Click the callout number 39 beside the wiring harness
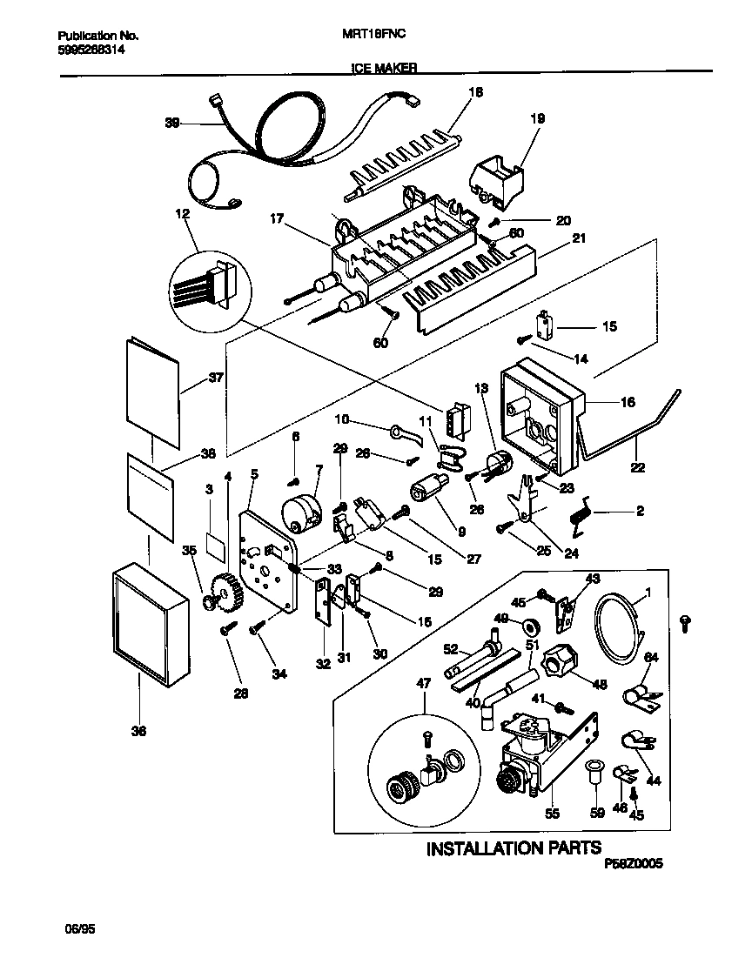coord(172,124)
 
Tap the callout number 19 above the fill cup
coord(537,117)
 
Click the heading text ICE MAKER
coord(384,66)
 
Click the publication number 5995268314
coord(91,51)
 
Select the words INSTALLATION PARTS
coord(513,848)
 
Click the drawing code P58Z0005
coord(633,864)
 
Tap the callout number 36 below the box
coord(139,732)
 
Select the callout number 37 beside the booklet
coord(216,378)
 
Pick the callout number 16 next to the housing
coord(628,402)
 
